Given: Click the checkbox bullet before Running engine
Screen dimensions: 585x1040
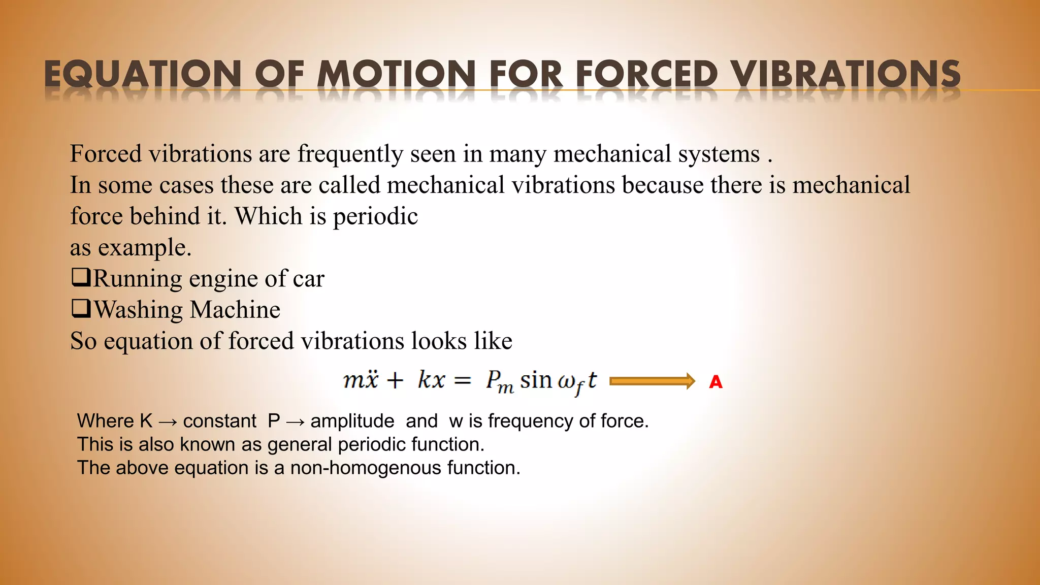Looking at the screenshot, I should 81,277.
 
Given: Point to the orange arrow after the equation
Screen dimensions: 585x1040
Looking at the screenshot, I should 652,381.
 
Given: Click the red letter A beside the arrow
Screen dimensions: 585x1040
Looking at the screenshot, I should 716,382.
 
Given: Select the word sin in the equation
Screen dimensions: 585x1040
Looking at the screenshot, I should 536,380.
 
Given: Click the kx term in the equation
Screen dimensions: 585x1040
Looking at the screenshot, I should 432,380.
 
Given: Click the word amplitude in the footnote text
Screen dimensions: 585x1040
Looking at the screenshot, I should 352,421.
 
